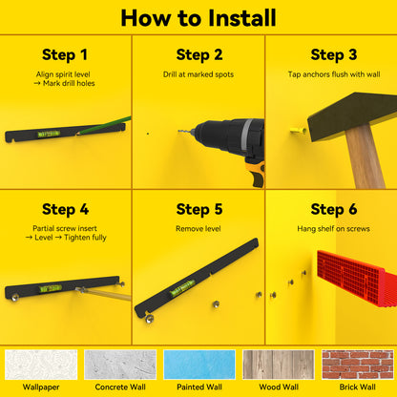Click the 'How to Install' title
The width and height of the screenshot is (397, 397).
pos(198,18)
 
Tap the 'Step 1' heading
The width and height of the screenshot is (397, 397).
pos(65,54)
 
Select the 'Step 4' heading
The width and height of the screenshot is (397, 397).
pos(65,209)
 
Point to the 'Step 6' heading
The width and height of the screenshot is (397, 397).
pos(334,209)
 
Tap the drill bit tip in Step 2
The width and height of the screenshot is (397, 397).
pos(178,131)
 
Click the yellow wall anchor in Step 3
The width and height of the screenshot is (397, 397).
pos(298,131)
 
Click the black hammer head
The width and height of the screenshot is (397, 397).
pos(352,115)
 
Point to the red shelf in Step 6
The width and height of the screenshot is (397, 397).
pos(356,282)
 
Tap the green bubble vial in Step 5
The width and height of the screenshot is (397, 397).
pos(182,288)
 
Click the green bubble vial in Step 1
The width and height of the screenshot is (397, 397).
pos(49,134)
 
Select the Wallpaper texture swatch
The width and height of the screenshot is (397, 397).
pos(41,365)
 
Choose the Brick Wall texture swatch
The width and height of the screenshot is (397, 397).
pos(358,365)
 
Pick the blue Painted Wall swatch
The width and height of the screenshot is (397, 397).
pos(199,365)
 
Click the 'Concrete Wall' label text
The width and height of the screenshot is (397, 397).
pos(120,387)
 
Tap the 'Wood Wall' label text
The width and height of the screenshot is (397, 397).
pos(279,387)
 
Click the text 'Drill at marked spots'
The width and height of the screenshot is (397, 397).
pos(198,74)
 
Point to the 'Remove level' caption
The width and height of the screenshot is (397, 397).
pos(198,229)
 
